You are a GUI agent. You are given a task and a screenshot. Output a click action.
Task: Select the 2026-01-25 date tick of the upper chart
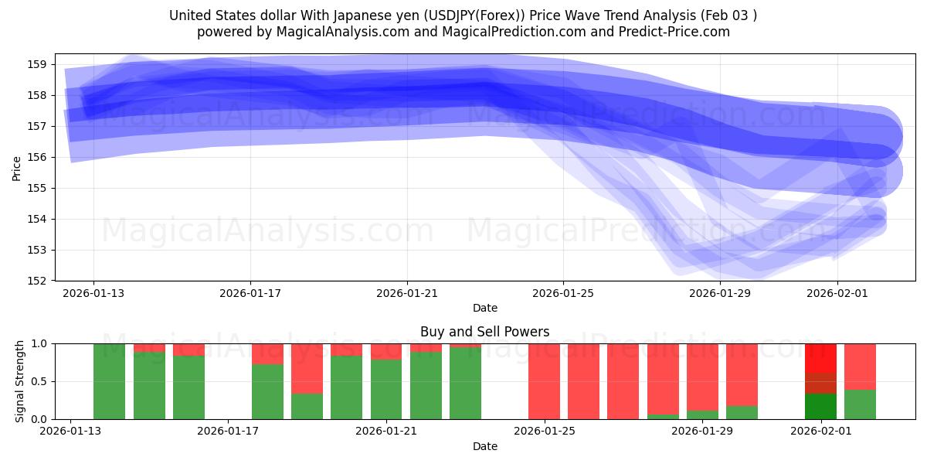tap(563, 293)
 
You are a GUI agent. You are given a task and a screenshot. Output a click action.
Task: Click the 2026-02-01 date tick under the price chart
tap(837, 293)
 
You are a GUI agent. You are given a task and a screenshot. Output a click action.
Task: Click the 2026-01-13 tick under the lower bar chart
tap(71, 432)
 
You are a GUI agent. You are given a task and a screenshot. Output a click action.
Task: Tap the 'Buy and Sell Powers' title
tap(484, 332)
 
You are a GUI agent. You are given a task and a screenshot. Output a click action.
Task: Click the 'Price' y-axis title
tap(17, 167)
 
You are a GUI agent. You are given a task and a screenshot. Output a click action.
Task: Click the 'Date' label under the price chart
tap(484, 309)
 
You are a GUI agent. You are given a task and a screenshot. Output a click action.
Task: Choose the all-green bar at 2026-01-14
tap(109, 381)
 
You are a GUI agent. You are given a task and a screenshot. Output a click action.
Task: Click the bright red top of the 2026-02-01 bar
tap(820, 357)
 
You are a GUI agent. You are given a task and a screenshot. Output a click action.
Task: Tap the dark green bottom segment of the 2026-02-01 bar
tap(820, 407)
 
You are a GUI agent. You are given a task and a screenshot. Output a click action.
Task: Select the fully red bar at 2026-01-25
tap(544, 381)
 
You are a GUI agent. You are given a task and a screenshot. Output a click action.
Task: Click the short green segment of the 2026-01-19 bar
tap(307, 407)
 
